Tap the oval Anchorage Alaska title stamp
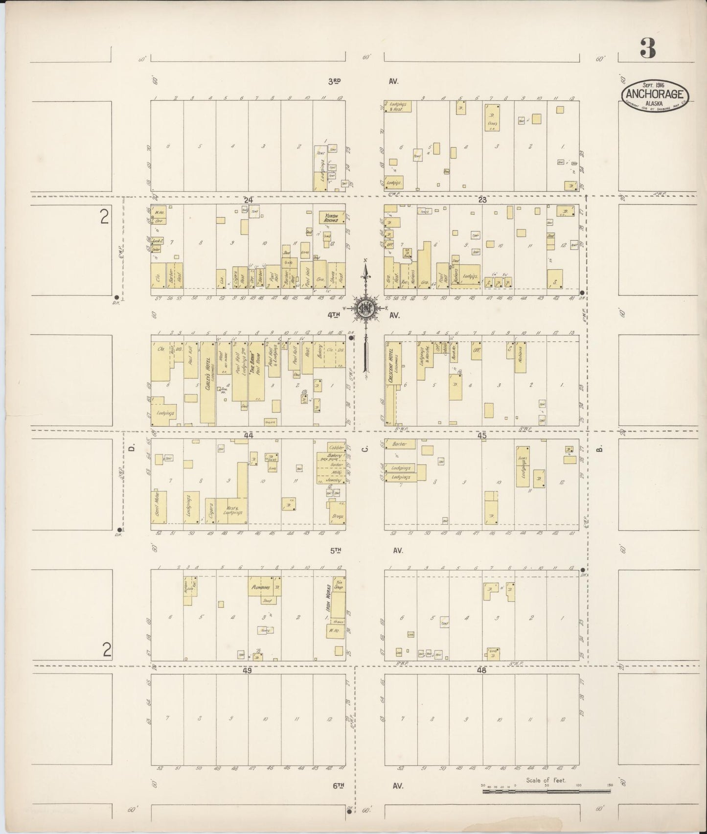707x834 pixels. tap(655, 96)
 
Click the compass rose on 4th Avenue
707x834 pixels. tap(365, 308)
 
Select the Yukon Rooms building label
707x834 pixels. tap(332, 217)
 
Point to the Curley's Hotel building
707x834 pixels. tap(207, 382)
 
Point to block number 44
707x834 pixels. tap(248, 435)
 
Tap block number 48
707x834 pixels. tap(482, 671)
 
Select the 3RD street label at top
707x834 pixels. tap(334, 81)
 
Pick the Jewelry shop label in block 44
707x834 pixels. tap(333, 481)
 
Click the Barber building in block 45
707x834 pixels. tap(400, 444)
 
